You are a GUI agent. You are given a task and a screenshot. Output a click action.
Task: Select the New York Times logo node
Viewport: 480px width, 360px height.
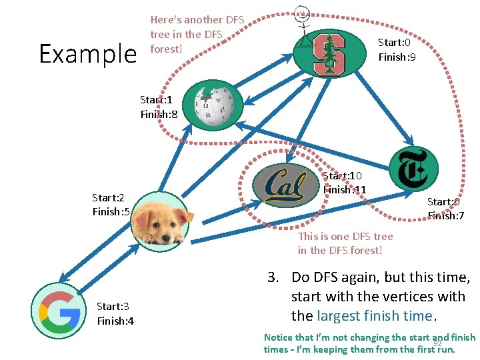[413, 169]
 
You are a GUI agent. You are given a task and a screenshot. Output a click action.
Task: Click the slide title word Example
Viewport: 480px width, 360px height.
[87, 53]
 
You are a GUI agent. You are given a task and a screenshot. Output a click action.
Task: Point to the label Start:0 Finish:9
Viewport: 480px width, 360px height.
[397, 50]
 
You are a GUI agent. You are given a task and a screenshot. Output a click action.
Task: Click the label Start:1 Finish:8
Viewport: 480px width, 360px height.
[159, 107]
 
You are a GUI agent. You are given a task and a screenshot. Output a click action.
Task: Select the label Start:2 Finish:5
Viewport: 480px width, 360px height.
[111, 205]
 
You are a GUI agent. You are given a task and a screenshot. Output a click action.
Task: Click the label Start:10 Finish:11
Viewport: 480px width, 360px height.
[344, 183]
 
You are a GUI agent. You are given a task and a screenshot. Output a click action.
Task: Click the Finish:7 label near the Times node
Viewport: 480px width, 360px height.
[446, 215]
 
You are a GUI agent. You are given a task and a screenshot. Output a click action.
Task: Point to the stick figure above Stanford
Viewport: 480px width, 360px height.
[303, 20]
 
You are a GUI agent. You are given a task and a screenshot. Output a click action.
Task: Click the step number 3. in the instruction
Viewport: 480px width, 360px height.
[273, 277]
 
